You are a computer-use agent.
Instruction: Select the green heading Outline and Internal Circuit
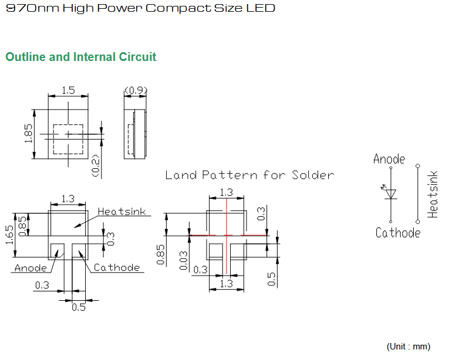click(81, 57)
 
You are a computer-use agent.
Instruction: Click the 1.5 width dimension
click(68, 90)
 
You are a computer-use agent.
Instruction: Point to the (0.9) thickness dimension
click(136, 90)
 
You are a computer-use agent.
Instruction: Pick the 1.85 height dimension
click(28, 134)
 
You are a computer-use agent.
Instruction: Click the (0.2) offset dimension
click(96, 165)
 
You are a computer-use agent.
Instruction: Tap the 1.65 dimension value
click(9, 235)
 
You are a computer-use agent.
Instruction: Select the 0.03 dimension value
click(184, 260)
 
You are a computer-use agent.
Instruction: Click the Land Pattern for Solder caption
click(249, 175)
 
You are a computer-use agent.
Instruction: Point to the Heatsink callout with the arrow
click(122, 212)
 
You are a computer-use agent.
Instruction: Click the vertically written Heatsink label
click(433, 195)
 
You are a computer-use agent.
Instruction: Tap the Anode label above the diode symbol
click(389, 159)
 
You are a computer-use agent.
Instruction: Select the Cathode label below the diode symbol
click(398, 233)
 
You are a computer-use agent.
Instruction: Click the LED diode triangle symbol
click(391, 194)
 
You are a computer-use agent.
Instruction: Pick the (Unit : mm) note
click(409, 347)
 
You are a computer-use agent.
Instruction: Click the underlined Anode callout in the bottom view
click(31, 268)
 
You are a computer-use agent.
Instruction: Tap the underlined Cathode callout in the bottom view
click(116, 267)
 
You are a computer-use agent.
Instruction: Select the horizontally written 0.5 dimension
click(79, 307)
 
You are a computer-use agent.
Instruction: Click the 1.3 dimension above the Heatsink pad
click(68, 199)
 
